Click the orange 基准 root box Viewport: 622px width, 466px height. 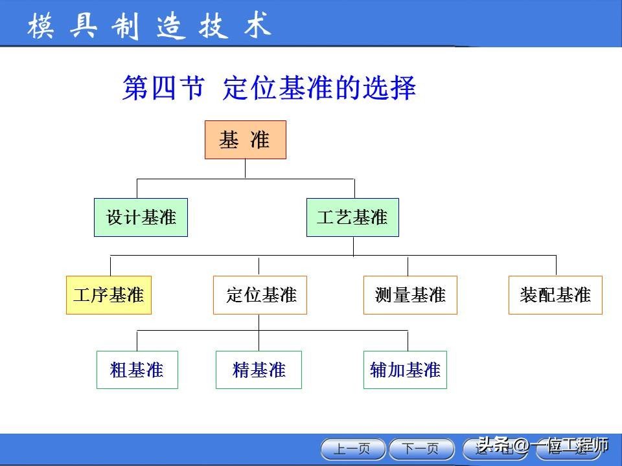pos(245,140)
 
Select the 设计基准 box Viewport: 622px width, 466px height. pos(141,217)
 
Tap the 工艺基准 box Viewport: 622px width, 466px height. pos(352,217)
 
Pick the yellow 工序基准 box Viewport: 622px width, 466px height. pos(109,295)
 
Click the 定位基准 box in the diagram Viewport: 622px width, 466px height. pos(260,295)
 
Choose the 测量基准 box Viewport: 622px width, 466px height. pos(410,295)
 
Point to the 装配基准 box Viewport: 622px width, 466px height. pos(555,295)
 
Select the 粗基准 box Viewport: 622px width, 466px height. pos(137,370)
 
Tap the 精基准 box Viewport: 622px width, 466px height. pos(259,370)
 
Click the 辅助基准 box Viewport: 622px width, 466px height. pos(405,370)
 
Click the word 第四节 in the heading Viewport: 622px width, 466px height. pos(163,88)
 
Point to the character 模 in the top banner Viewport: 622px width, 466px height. pos(40,26)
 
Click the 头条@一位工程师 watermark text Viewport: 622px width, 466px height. pos(543,445)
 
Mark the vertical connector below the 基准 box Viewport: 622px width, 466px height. pos(245,168)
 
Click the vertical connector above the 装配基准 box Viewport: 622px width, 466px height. pos(556,265)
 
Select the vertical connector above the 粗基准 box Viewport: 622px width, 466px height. pos(137,340)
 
